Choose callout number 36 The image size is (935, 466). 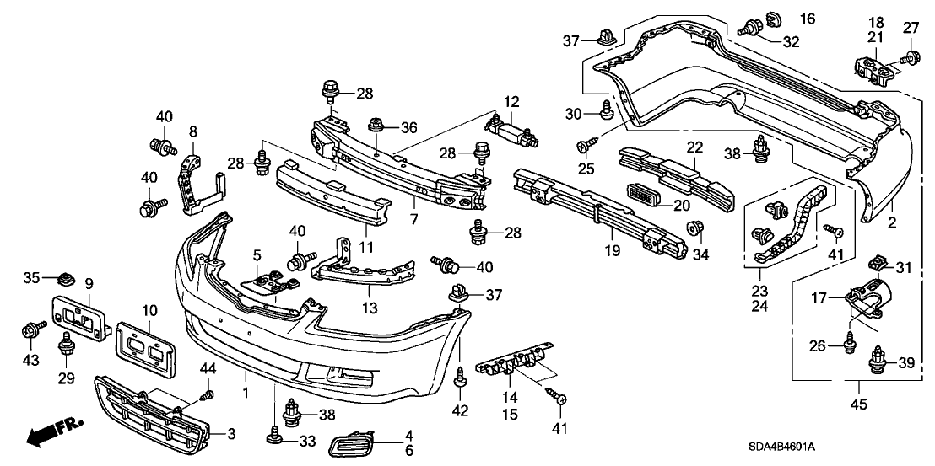(x=409, y=127)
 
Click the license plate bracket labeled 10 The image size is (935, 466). (x=145, y=346)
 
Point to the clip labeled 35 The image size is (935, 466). (x=68, y=277)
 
